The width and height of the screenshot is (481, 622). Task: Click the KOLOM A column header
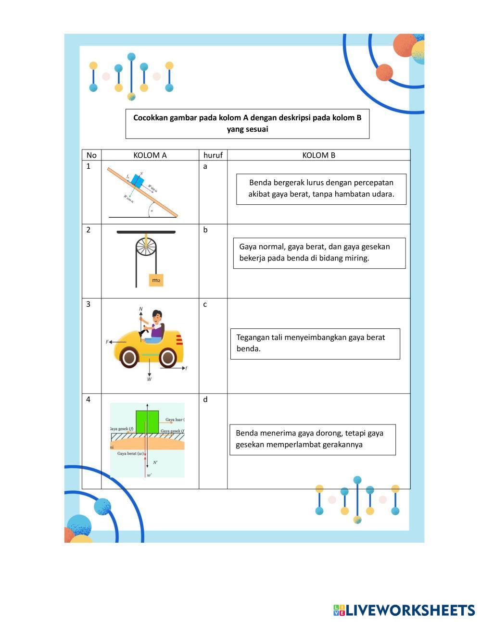pyautogui.click(x=150, y=155)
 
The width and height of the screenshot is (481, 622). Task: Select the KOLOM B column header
pyautogui.click(x=318, y=155)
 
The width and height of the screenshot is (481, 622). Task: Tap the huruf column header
pyautogui.click(x=213, y=155)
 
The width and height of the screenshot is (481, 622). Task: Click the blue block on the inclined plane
pyautogui.click(x=138, y=181)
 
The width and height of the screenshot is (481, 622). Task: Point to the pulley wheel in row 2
pyautogui.click(x=146, y=247)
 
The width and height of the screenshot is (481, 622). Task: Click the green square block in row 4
pyautogui.click(x=147, y=422)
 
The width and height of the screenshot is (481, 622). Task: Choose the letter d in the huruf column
pyautogui.click(x=205, y=399)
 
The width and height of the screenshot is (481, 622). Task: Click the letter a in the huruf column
pyautogui.click(x=205, y=167)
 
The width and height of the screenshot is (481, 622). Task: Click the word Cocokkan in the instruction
pyautogui.click(x=150, y=118)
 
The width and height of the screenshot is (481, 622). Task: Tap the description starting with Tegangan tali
pyautogui.click(x=315, y=343)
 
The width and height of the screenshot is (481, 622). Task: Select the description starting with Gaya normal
pyautogui.click(x=319, y=252)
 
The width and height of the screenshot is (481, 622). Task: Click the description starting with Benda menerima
pyautogui.click(x=312, y=439)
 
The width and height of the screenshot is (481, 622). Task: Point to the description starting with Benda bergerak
pyautogui.click(x=321, y=188)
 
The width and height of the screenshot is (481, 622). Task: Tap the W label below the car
pyautogui.click(x=150, y=379)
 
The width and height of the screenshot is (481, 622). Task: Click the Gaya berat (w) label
pyautogui.click(x=131, y=453)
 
